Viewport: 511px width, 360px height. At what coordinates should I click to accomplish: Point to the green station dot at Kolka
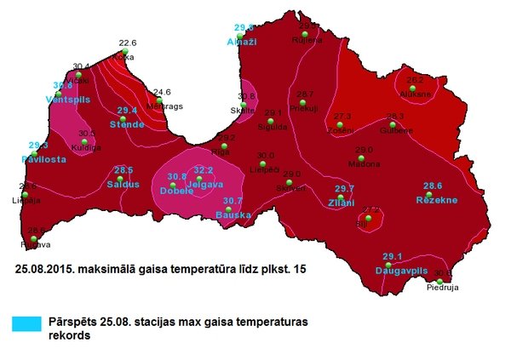pos(124,53)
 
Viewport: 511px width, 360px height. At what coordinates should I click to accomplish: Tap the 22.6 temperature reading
pos(128,43)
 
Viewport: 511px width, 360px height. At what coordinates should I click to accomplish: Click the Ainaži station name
pos(243,41)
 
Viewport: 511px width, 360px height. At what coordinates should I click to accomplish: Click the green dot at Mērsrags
pos(159,100)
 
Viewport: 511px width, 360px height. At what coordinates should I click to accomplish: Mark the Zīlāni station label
pos(342,202)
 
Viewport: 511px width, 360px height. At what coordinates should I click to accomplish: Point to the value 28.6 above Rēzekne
pos(433,186)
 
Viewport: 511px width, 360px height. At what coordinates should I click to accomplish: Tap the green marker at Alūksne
pos(414,87)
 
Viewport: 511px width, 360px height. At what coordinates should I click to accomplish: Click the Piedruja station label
pos(441,288)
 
